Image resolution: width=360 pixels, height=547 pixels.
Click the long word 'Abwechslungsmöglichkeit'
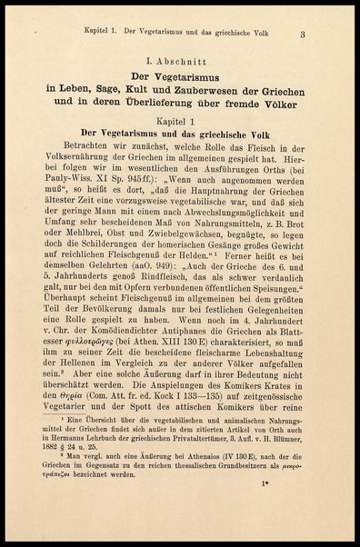[227, 233]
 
